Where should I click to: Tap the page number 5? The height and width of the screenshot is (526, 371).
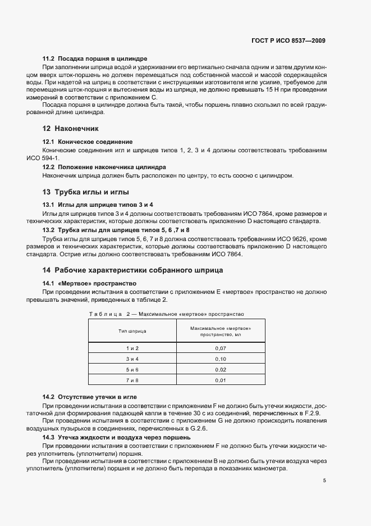click(324, 480)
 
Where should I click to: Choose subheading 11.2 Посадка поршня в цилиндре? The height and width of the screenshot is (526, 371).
click(95, 58)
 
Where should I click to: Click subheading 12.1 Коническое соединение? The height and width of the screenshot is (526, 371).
click(88, 142)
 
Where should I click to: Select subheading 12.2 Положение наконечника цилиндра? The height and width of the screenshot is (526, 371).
click(104, 167)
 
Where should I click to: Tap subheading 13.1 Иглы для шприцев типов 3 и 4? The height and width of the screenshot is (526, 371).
click(98, 205)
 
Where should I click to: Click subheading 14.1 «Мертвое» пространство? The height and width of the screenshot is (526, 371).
click(90, 283)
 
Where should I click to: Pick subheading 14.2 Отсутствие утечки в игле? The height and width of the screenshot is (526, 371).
click(90, 397)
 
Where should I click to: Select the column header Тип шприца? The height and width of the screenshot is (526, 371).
click(132, 331)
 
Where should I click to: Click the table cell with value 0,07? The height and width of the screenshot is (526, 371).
click(221, 348)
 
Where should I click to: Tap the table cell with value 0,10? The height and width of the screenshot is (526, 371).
click(221, 359)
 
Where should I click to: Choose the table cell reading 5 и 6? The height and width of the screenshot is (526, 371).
click(132, 369)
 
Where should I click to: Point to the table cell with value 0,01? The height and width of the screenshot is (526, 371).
click(221, 380)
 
